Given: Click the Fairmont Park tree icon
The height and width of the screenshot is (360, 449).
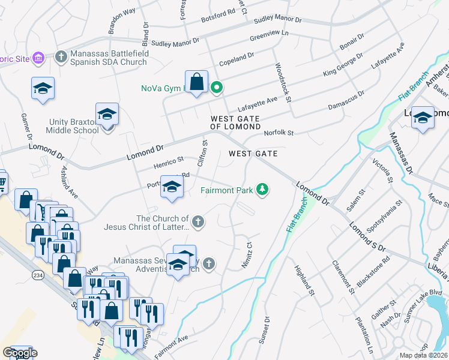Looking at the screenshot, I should tap(262, 190).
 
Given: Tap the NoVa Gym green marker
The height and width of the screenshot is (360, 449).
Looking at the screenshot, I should tap(216, 88).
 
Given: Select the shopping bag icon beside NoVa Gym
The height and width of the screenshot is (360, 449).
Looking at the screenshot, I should tap(196, 82).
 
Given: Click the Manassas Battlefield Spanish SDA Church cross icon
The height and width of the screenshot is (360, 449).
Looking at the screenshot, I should tap(60, 57).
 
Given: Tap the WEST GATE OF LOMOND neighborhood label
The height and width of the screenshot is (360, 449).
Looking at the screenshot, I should tap(235, 123).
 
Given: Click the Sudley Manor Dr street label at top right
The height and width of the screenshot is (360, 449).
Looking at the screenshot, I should tap(277, 20).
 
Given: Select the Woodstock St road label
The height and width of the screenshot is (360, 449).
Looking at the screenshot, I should tap(283, 82).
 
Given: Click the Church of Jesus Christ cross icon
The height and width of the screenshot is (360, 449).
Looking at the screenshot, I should tap(199, 223).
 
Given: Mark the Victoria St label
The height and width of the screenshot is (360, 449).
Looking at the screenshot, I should tap(382, 171).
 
